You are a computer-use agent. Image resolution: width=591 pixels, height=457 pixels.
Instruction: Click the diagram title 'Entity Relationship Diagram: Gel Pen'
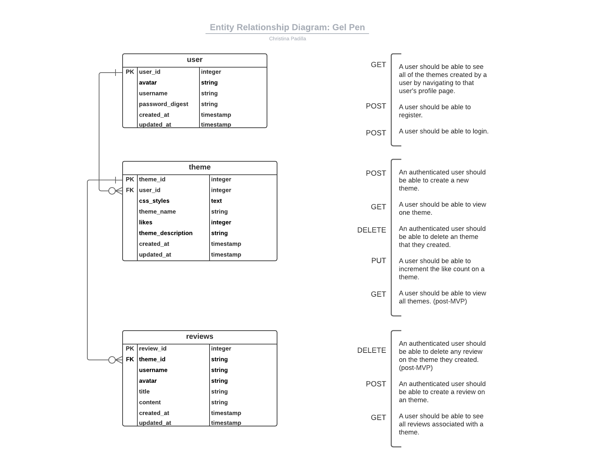(x=287, y=27)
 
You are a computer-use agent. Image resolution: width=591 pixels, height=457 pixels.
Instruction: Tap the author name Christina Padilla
(x=287, y=39)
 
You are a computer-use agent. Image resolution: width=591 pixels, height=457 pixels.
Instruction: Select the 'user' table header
(x=194, y=60)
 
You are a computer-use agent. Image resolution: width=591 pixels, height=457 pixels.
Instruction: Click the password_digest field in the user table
(x=164, y=104)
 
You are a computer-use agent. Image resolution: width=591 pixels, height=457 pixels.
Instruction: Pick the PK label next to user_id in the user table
(x=130, y=72)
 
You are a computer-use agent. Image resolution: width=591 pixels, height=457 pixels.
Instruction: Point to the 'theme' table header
(x=199, y=167)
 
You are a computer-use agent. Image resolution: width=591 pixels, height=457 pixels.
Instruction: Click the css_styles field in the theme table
(x=154, y=201)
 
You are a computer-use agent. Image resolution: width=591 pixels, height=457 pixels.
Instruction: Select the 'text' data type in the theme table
(x=216, y=201)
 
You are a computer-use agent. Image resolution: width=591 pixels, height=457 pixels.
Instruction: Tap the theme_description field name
(x=166, y=233)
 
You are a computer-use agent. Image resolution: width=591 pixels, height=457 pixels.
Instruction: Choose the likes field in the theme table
(x=145, y=222)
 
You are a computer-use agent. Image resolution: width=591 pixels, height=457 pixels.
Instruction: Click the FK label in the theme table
(x=130, y=190)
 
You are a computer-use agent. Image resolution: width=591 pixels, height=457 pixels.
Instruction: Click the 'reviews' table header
(x=199, y=337)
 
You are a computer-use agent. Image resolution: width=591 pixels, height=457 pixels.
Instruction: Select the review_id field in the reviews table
(x=152, y=349)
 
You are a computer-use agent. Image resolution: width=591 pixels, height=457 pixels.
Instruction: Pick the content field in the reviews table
(x=150, y=403)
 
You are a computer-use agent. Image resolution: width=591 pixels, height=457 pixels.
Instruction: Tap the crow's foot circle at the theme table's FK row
(x=112, y=191)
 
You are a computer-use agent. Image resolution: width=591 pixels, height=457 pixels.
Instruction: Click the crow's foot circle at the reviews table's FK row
(x=112, y=360)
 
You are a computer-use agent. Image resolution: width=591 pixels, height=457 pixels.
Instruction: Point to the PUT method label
(x=378, y=261)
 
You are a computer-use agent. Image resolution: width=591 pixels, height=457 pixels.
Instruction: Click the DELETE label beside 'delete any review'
(x=371, y=350)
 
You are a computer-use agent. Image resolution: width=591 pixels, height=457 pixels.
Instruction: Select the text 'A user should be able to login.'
(x=444, y=131)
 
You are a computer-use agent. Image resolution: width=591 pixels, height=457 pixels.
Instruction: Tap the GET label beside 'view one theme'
(x=378, y=207)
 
